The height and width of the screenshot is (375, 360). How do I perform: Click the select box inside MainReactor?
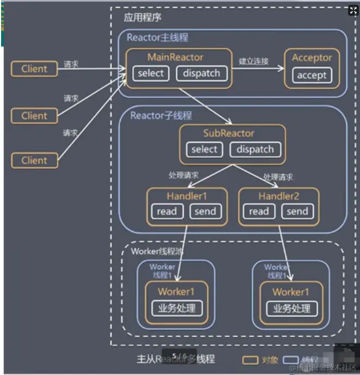(151, 73)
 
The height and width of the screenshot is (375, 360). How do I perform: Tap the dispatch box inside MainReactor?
(201, 73)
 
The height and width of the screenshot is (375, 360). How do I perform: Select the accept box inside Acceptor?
(312, 76)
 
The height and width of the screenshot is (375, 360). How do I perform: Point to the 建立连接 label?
(253, 61)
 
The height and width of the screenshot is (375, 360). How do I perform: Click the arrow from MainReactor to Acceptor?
(258, 69)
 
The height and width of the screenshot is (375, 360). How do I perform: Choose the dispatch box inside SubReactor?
(255, 149)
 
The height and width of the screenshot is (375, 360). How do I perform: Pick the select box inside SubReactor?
(204, 149)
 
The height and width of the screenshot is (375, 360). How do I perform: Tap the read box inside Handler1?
(167, 211)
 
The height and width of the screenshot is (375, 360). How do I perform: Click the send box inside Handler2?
(297, 211)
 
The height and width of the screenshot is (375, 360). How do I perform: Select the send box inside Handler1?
(206, 211)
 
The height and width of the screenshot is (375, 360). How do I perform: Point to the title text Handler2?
(279, 196)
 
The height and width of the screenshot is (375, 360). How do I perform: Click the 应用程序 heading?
(142, 17)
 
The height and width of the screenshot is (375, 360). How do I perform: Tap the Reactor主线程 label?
(158, 37)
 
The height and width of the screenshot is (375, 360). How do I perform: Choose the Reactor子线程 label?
(161, 116)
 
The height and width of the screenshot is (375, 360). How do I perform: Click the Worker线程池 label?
(157, 251)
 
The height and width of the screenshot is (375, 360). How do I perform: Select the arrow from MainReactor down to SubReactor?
(204, 106)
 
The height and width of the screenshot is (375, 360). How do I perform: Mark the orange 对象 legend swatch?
(250, 360)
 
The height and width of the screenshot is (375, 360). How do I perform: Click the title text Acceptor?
(312, 58)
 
